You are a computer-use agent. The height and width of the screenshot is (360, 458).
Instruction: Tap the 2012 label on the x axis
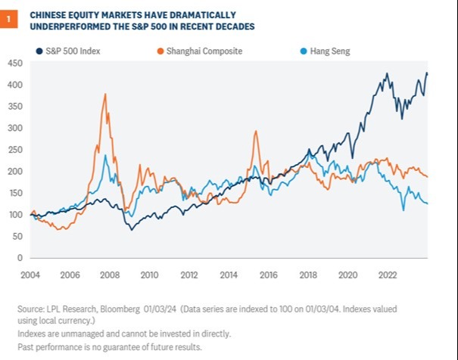click(x=189, y=275)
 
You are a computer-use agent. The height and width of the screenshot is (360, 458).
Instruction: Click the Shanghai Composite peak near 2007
click(x=105, y=95)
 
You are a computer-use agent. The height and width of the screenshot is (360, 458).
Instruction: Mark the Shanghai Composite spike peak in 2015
click(x=256, y=132)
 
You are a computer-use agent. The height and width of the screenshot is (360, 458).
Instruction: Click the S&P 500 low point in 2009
click(x=132, y=229)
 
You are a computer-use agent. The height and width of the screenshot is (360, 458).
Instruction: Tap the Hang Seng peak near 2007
click(x=105, y=156)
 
